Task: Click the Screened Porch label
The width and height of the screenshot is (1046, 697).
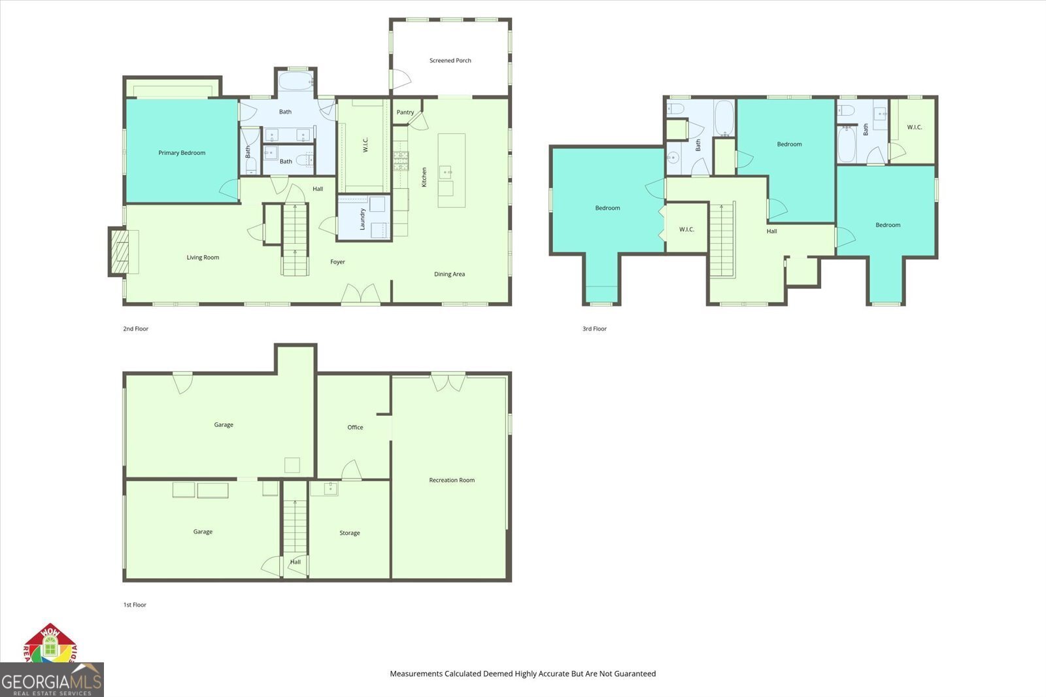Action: point(450,60)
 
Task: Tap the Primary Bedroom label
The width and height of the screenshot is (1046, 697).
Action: point(182,153)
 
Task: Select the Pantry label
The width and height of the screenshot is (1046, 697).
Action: point(405,112)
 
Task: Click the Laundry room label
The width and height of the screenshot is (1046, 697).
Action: point(363,219)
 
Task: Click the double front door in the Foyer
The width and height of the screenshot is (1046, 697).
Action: point(361,294)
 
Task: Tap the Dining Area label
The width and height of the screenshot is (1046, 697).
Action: point(449,274)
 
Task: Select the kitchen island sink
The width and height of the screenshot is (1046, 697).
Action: point(445,172)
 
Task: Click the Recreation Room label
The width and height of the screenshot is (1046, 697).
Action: point(452,480)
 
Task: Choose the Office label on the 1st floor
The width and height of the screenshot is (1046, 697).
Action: point(355,427)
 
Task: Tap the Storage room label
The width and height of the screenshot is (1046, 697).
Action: point(350,533)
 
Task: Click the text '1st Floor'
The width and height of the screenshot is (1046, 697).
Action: point(135,605)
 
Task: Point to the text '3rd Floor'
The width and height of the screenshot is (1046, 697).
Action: point(594,329)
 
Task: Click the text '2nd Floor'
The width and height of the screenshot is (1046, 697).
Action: point(135,329)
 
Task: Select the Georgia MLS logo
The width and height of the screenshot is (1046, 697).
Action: point(52,680)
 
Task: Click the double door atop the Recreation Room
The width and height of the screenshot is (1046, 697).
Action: point(448,382)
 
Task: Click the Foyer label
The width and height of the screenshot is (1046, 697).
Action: point(337,262)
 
